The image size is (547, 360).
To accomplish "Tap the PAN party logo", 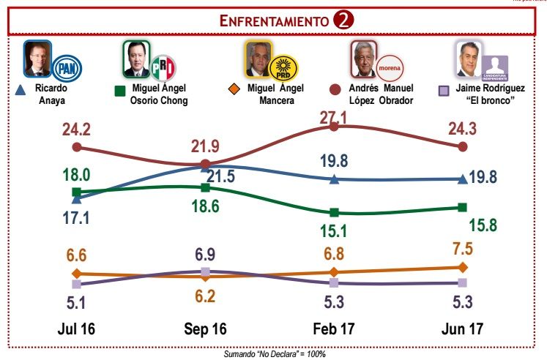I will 68,69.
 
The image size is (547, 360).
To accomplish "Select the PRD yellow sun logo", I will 281,68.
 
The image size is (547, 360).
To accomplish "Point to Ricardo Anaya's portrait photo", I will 37,60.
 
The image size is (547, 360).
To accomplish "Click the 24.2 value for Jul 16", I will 75,130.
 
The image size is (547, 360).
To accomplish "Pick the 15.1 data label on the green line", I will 334,231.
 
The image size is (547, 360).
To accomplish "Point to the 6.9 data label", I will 205,254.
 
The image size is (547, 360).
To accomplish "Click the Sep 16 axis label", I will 205,329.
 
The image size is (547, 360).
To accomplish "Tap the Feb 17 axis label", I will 334,329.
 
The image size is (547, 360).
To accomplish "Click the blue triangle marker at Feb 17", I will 334,179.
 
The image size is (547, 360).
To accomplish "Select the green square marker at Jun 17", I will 462,207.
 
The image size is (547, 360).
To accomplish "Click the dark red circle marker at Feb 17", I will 334,127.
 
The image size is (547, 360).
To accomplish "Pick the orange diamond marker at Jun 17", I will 462,267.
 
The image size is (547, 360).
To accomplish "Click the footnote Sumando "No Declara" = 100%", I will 274,353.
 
